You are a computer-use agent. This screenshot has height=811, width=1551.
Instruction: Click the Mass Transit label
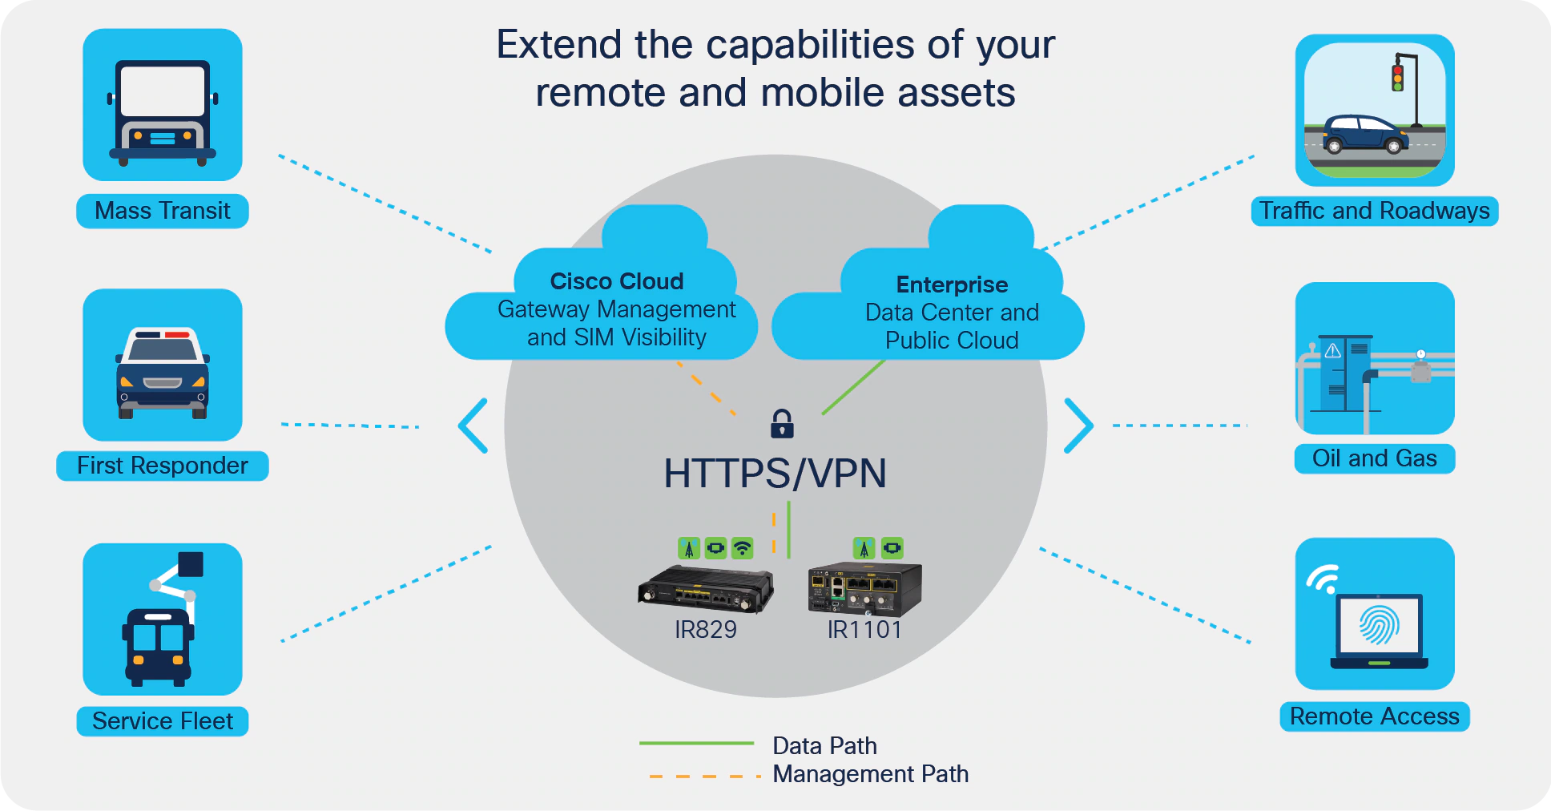pyautogui.click(x=163, y=211)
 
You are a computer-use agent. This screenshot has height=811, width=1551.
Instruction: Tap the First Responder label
pyautogui.click(x=163, y=466)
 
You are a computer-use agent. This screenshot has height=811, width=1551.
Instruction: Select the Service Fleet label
pyautogui.click(x=163, y=721)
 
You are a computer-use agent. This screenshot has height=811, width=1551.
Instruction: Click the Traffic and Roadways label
pyautogui.click(x=1374, y=211)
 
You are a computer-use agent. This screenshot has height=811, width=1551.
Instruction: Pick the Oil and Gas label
pyautogui.click(x=1374, y=458)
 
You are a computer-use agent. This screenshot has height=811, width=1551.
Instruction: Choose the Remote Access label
pyautogui.click(x=1374, y=716)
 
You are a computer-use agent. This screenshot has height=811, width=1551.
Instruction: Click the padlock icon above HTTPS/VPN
pyautogui.click(x=782, y=424)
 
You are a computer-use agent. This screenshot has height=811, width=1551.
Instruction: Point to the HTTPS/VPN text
pyautogui.click(x=775, y=474)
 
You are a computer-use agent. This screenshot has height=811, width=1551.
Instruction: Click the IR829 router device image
pyautogui.click(x=705, y=590)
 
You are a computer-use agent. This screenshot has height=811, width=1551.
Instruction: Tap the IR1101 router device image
pyautogui.click(x=864, y=588)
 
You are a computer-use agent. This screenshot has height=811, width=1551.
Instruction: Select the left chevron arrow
pyautogui.click(x=473, y=426)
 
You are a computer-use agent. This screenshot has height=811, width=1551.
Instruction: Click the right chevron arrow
pyautogui.click(x=1078, y=426)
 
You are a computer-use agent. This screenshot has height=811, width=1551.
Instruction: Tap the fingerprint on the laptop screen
pyautogui.click(x=1379, y=626)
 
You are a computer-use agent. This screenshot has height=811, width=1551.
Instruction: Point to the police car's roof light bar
pyautogui.click(x=163, y=334)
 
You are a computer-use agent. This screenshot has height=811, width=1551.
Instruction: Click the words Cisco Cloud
pyautogui.click(x=617, y=281)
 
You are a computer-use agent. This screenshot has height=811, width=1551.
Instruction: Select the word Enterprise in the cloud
pyautogui.click(x=952, y=284)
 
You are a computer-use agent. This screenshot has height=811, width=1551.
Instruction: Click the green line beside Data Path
pyautogui.click(x=696, y=744)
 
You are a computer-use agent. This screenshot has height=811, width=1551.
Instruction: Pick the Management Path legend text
pyautogui.click(x=871, y=774)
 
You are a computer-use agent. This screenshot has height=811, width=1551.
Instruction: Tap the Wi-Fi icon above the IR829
pyautogui.click(x=743, y=548)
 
